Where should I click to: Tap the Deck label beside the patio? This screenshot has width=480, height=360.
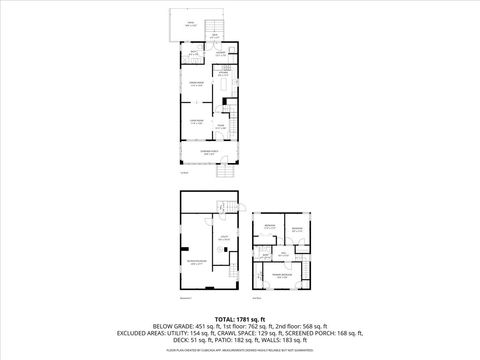point(213,36)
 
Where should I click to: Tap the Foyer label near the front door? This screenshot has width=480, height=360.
point(221,126)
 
